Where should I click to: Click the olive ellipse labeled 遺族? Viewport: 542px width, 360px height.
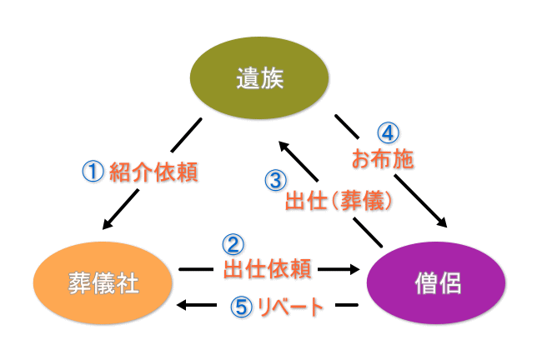(x=259, y=80)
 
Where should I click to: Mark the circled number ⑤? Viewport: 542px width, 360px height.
(x=239, y=307)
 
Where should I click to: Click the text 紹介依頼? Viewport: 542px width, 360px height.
(x=156, y=172)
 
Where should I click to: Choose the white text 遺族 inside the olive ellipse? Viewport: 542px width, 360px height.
(x=259, y=80)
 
